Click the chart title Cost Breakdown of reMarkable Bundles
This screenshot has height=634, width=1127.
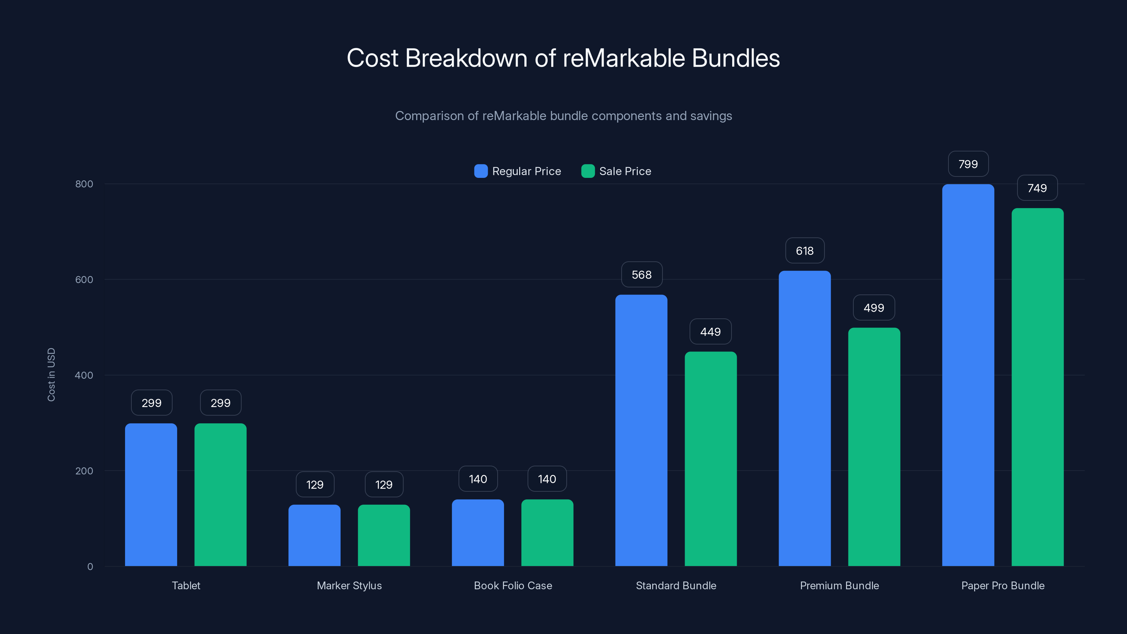(x=563, y=58)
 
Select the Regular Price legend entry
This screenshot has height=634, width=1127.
(x=518, y=171)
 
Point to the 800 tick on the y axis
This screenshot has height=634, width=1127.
(x=84, y=184)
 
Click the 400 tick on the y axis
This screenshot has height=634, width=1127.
(x=84, y=375)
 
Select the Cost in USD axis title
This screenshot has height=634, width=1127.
(x=51, y=374)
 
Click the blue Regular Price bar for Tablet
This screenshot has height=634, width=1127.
(x=151, y=495)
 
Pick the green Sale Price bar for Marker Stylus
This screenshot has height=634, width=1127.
(x=384, y=535)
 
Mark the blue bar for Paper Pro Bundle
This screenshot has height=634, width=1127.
(x=968, y=375)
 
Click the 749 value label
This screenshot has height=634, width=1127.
(x=1037, y=188)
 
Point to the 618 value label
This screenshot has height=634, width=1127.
(x=804, y=251)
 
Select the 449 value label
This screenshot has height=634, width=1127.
(x=710, y=332)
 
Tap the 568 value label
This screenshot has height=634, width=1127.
(x=641, y=275)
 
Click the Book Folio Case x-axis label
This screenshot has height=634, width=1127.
(x=513, y=585)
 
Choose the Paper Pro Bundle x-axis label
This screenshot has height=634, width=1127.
(x=1002, y=585)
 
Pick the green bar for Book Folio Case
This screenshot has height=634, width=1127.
(x=547, y=533)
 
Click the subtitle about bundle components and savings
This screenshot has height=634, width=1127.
(x=563, y=116)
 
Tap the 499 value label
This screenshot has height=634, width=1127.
(x=874, y=307)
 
